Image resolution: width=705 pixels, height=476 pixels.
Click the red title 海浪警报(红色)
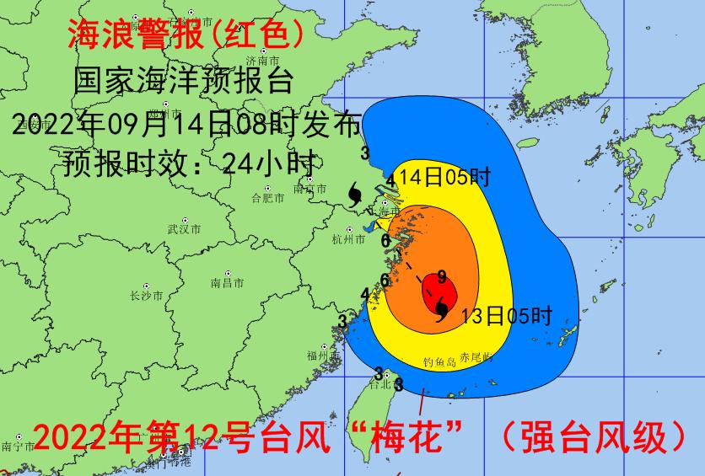(185, 35)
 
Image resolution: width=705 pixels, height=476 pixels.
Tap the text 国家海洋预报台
(183, 81)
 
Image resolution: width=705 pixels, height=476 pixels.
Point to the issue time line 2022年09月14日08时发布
(187, 125)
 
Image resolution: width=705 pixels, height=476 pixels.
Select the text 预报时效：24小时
(189, 162)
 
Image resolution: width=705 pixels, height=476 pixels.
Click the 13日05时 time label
(506, 316)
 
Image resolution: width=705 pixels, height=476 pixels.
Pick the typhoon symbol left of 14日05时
(355, 195)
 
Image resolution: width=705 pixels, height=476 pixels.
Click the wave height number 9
(441, 275)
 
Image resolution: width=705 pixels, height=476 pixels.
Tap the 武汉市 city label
(184, 229)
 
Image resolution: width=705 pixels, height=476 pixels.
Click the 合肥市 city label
(267, 199)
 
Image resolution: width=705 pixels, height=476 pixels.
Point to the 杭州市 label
(348, 240)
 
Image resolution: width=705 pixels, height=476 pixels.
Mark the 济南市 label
(262, 61)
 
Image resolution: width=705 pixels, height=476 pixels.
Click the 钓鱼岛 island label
(439, 362)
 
